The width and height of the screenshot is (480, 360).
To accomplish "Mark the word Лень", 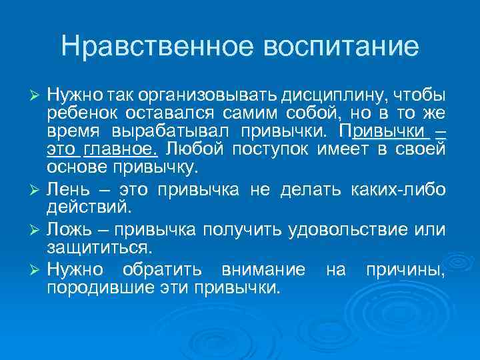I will [x=68, y=189].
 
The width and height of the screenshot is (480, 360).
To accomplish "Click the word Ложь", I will [x=70, y=231].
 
